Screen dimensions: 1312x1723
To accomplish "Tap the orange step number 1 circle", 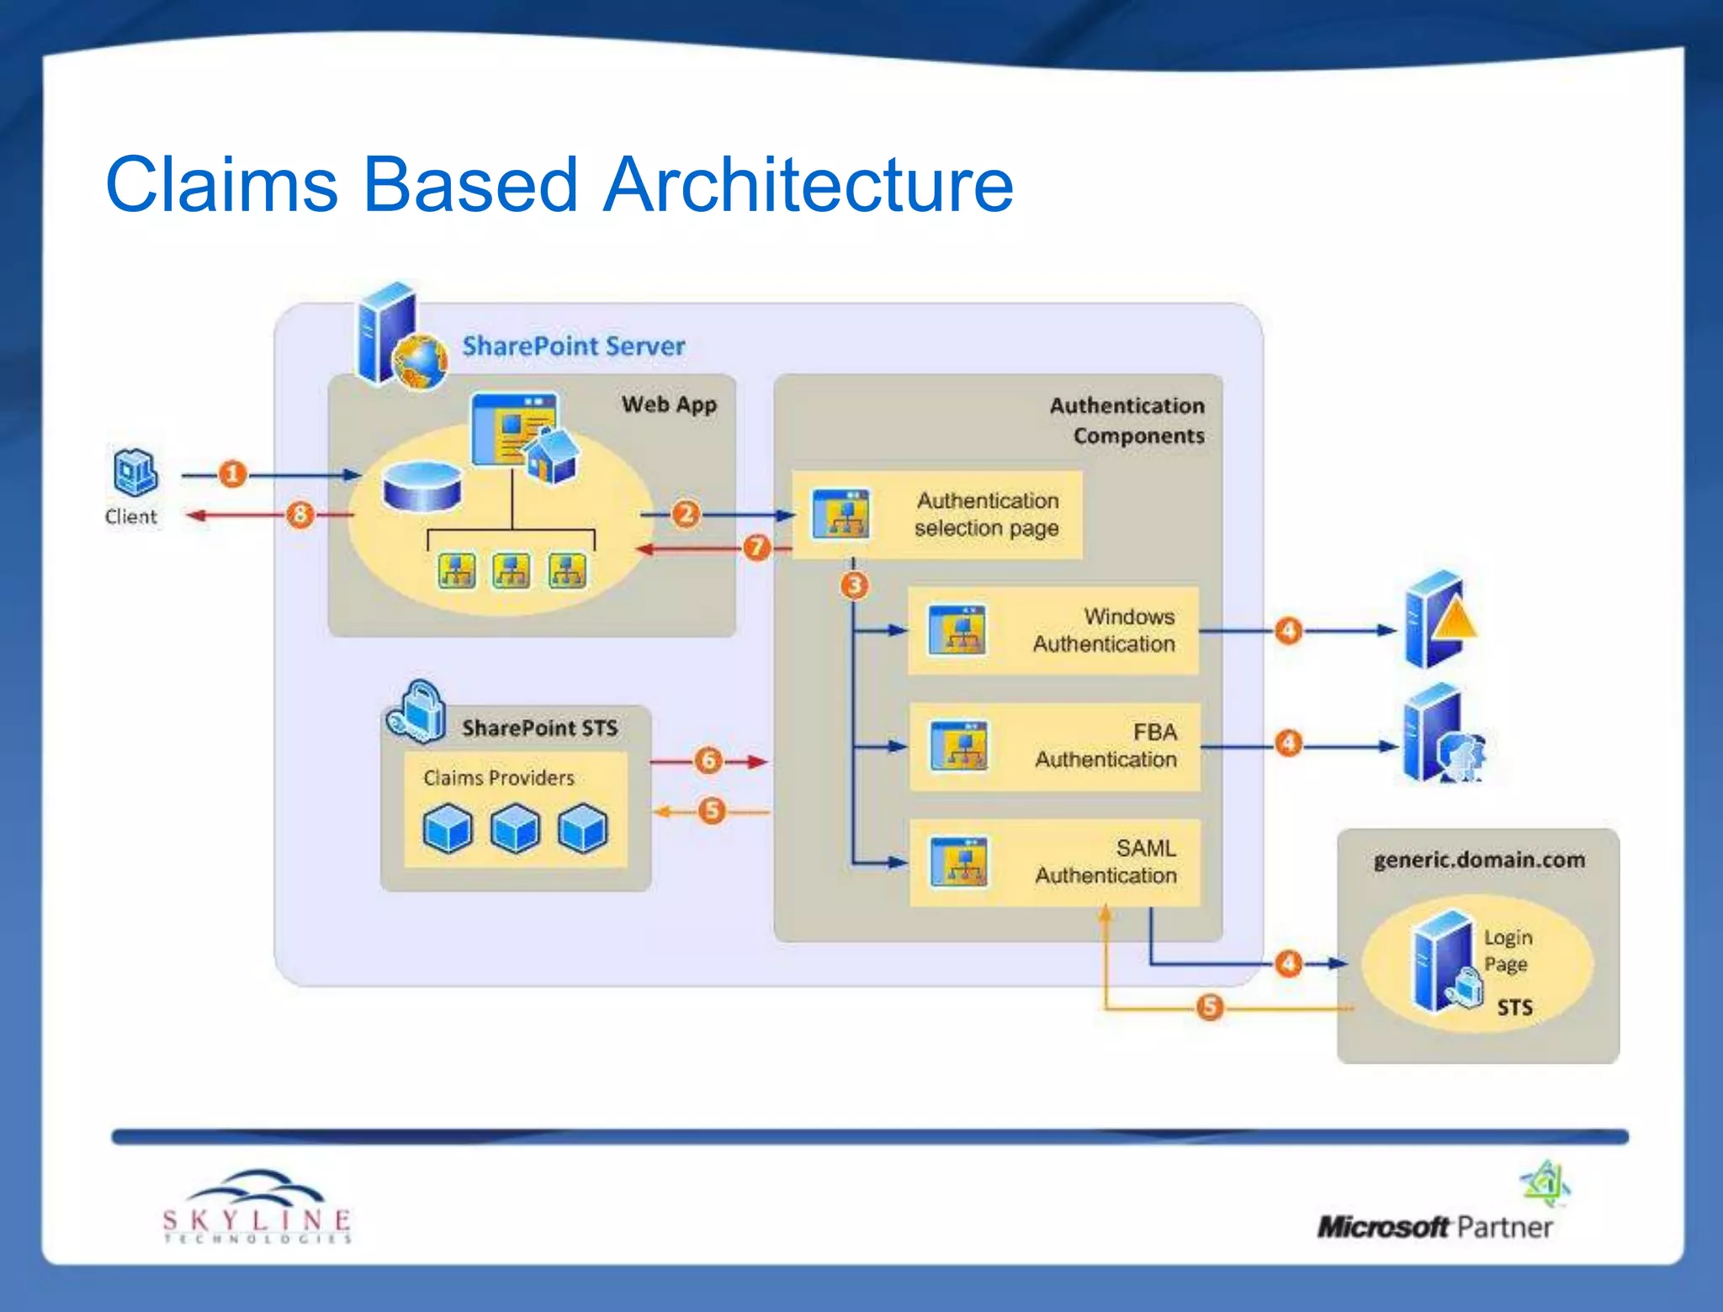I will coord(233,474).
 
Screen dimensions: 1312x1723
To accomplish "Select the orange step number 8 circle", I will coord(300,514).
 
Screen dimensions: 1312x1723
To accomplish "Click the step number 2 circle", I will coord(686,514).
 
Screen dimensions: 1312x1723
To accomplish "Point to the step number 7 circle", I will coord(757,548).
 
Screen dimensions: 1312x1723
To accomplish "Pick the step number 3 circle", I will coord(855,585).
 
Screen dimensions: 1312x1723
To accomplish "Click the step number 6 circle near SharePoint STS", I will coord(709,760).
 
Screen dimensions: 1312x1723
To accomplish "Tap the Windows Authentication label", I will coord(1104,630).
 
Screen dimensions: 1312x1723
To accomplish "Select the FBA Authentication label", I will coord(1106,746).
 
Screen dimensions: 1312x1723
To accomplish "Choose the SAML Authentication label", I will coord(1106,862).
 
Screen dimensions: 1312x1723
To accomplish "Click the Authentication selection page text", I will coord(987,514).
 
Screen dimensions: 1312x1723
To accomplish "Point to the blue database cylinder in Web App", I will coord(421,488).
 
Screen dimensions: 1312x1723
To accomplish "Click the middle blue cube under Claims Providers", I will coord(515,828).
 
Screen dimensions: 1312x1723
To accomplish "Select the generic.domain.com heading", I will coord(1479,860).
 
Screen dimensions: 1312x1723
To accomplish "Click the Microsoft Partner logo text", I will coord(1434,1227).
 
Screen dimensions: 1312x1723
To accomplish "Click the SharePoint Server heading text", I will coord(574,346).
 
